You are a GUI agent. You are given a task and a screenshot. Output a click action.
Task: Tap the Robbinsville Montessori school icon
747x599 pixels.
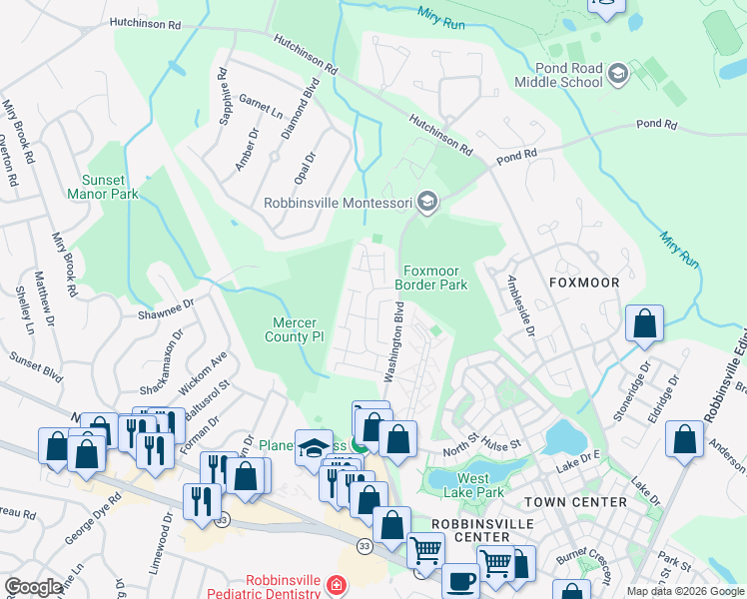(427, 203)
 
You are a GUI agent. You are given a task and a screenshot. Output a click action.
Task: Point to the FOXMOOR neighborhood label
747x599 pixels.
(584, 283)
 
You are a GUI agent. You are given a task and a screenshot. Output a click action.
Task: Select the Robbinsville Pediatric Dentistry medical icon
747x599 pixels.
(338, 584)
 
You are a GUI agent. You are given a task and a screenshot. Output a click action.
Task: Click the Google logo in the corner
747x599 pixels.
(33, 587)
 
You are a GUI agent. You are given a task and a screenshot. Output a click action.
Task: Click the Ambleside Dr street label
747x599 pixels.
(521, 305)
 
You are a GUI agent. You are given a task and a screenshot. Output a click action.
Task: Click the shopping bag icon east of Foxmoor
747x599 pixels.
(645, 323)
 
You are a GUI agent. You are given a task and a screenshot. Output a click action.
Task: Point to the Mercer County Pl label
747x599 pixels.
(300, 330)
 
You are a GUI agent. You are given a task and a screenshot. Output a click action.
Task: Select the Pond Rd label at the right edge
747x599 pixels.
(657, 126)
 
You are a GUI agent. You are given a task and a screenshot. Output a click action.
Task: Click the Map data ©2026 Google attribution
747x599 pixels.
(685, 591)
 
